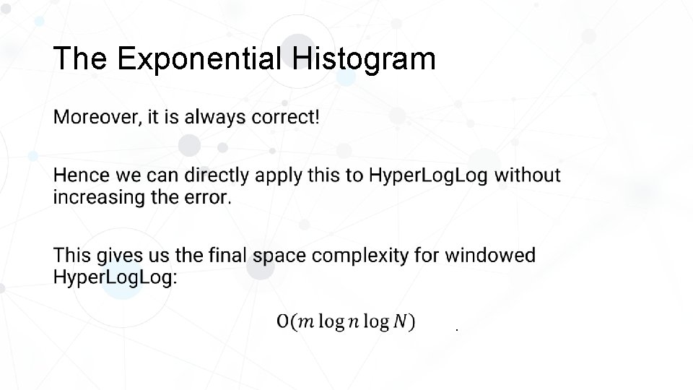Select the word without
click(527, 175)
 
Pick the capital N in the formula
click(400, 321)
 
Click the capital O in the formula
click(283, 321)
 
